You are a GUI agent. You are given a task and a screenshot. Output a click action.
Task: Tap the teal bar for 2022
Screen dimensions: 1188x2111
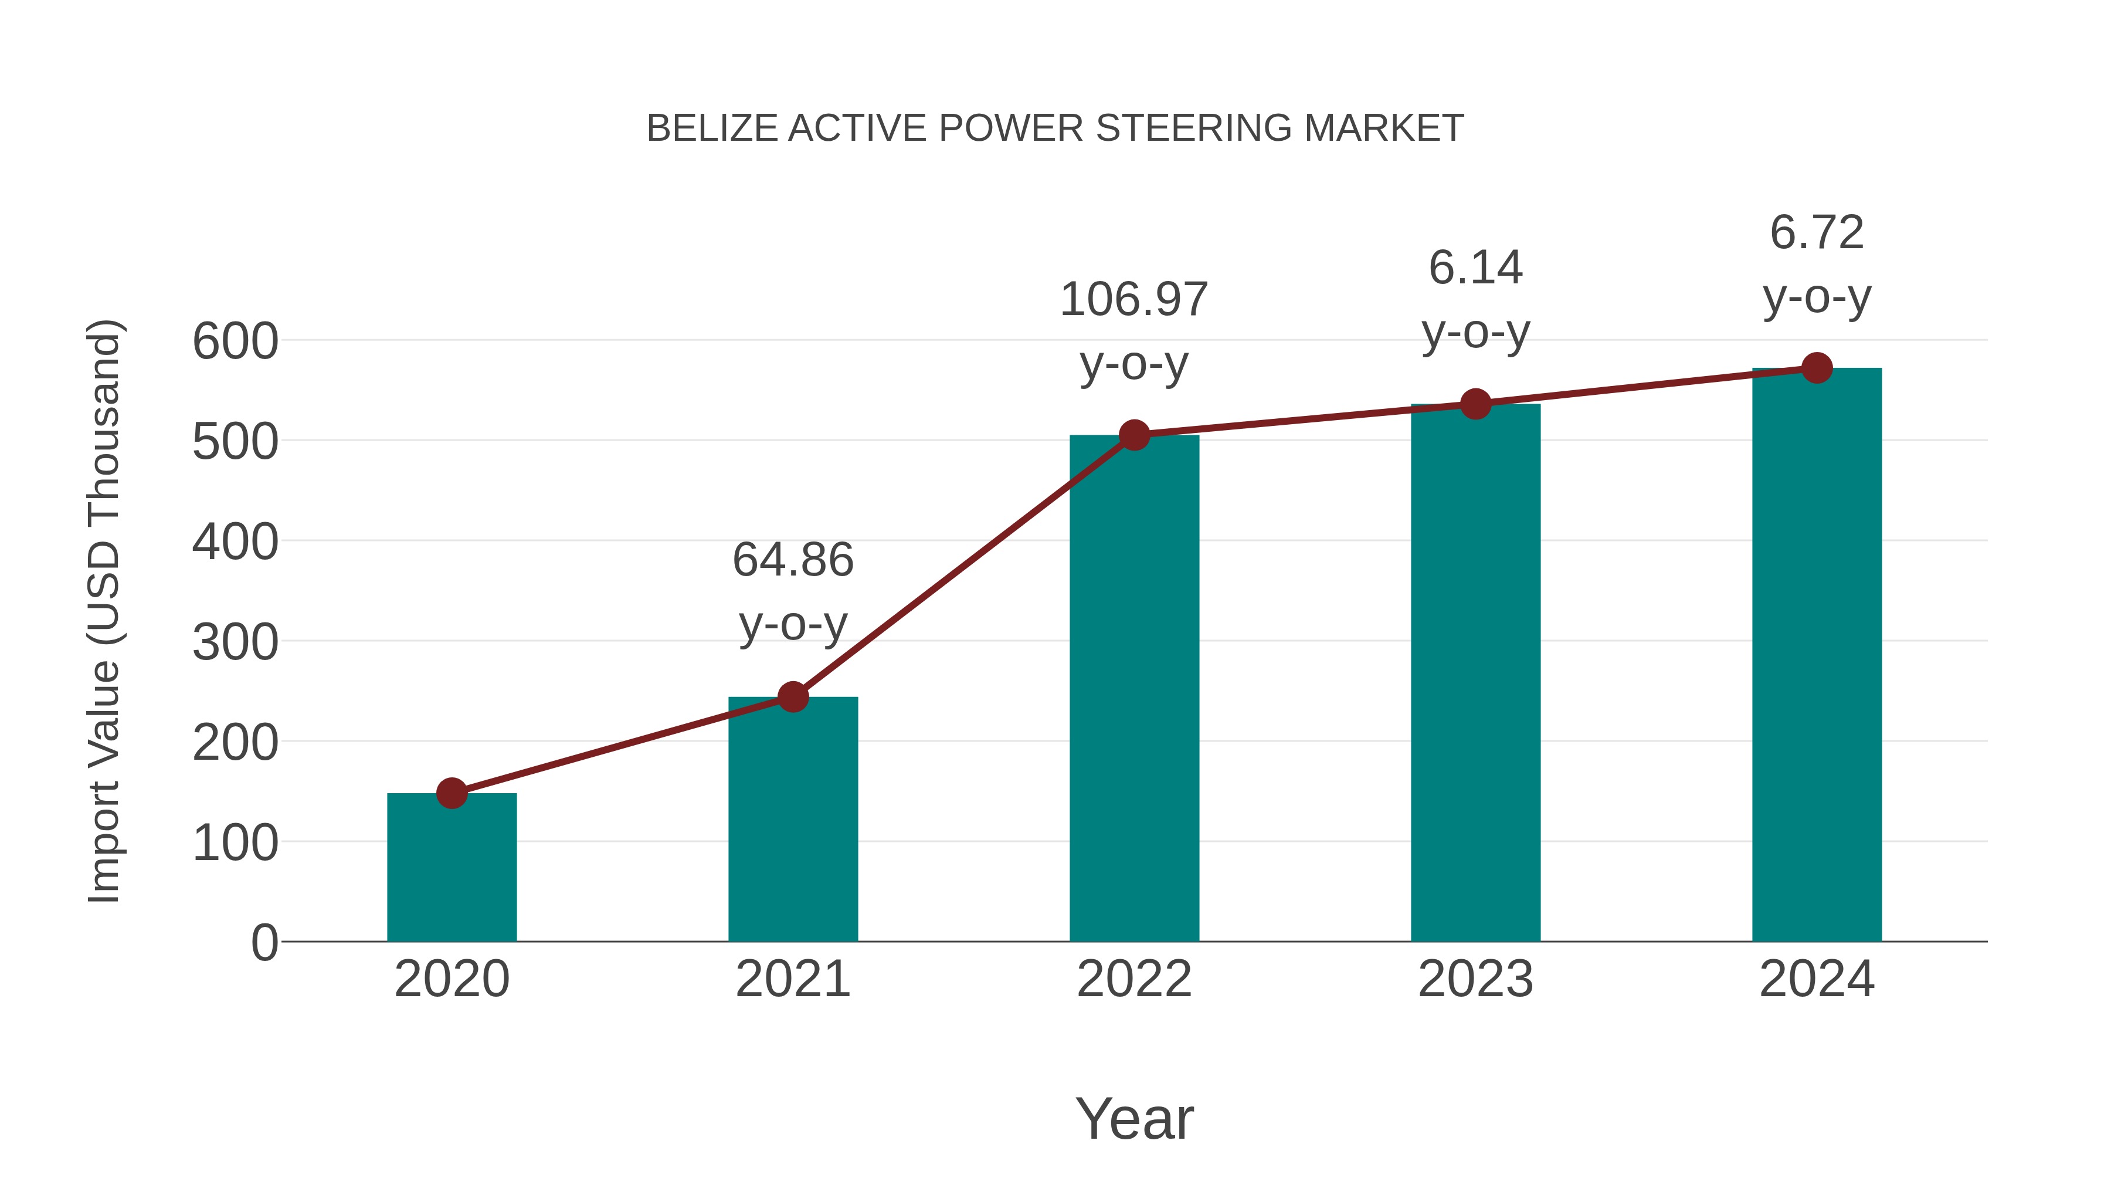(1134, 688)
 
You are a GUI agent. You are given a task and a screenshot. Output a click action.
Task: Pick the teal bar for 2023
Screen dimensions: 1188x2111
(1475, 672)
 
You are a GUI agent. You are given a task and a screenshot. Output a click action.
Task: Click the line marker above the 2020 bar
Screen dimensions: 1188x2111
(452, 793)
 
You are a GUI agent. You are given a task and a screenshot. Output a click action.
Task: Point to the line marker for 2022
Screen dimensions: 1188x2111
(1134, 435)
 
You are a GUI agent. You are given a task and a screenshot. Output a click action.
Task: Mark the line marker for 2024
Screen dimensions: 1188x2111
(1817, 368)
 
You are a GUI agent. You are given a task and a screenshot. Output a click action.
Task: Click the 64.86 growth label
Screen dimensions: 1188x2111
(792, 560)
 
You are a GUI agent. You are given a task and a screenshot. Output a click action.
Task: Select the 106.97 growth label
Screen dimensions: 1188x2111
(1134, 299)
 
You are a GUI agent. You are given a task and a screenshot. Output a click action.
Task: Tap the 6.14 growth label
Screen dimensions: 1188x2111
(1475, 268)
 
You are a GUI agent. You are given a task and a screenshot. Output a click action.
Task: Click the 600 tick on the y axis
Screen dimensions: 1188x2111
(235, 341)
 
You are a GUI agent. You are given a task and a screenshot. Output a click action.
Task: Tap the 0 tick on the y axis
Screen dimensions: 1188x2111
(264, 942)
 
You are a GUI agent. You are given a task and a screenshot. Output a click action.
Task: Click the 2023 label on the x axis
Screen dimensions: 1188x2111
(1475, 979)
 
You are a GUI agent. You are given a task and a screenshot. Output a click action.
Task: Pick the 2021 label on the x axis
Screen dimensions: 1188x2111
(792, 979)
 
